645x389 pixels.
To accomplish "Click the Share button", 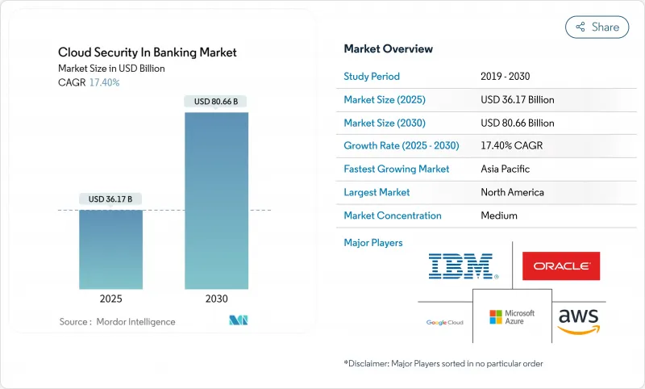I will coord(597,27).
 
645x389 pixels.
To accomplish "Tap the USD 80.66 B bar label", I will coord(217,102).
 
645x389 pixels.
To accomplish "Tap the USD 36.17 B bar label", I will coord(110,199).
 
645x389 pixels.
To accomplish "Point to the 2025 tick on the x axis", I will coord(110,298).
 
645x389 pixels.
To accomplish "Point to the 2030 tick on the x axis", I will coord(217,298).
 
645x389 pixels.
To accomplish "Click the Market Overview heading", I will coord(388,48).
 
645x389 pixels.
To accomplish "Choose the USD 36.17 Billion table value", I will coord(517,100).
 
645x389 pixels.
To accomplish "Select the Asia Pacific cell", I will coord(506,169).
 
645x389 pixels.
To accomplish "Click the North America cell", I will coord(512,192).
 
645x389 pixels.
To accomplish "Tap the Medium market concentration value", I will coord(499,215).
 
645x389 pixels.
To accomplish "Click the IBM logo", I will coord(463,266).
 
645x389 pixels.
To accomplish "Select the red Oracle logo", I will coord(560,266).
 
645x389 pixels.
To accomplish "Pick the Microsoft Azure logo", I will coord(512,316).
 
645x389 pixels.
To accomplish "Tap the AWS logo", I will coord(579,318).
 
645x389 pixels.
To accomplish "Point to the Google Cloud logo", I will coord(445,322).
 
